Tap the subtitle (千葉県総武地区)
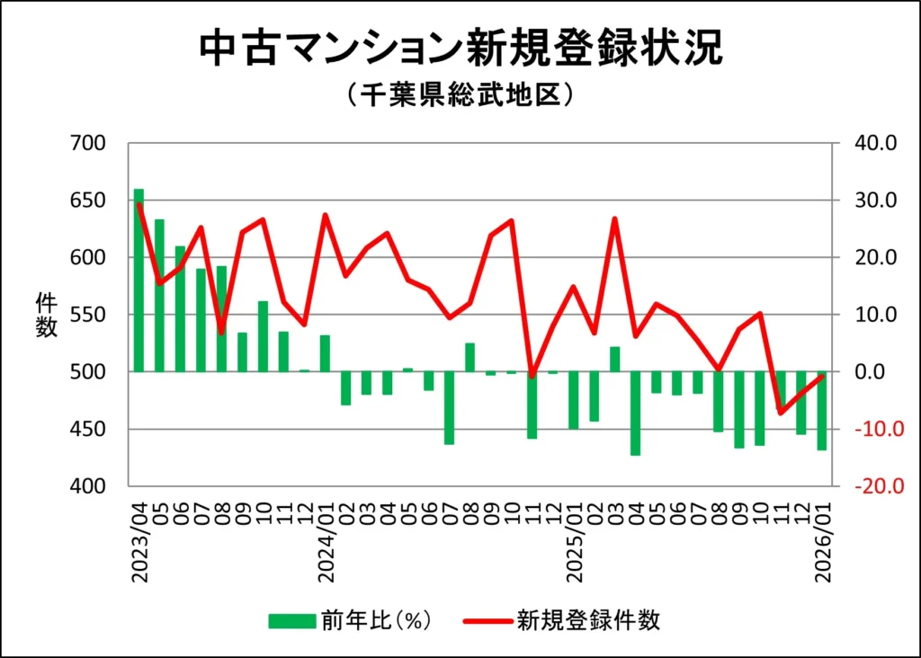[x=460, y=94]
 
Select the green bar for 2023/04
[x=139, y=280]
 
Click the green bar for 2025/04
[x=635, y=413]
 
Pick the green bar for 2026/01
[x=821, y=410]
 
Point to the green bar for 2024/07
[x=449, y=407]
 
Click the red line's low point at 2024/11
[x=532, y=375]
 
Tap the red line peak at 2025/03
[x=614, y=218]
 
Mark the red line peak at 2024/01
[x=325, y=215]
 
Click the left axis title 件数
[x=46, y=315]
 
